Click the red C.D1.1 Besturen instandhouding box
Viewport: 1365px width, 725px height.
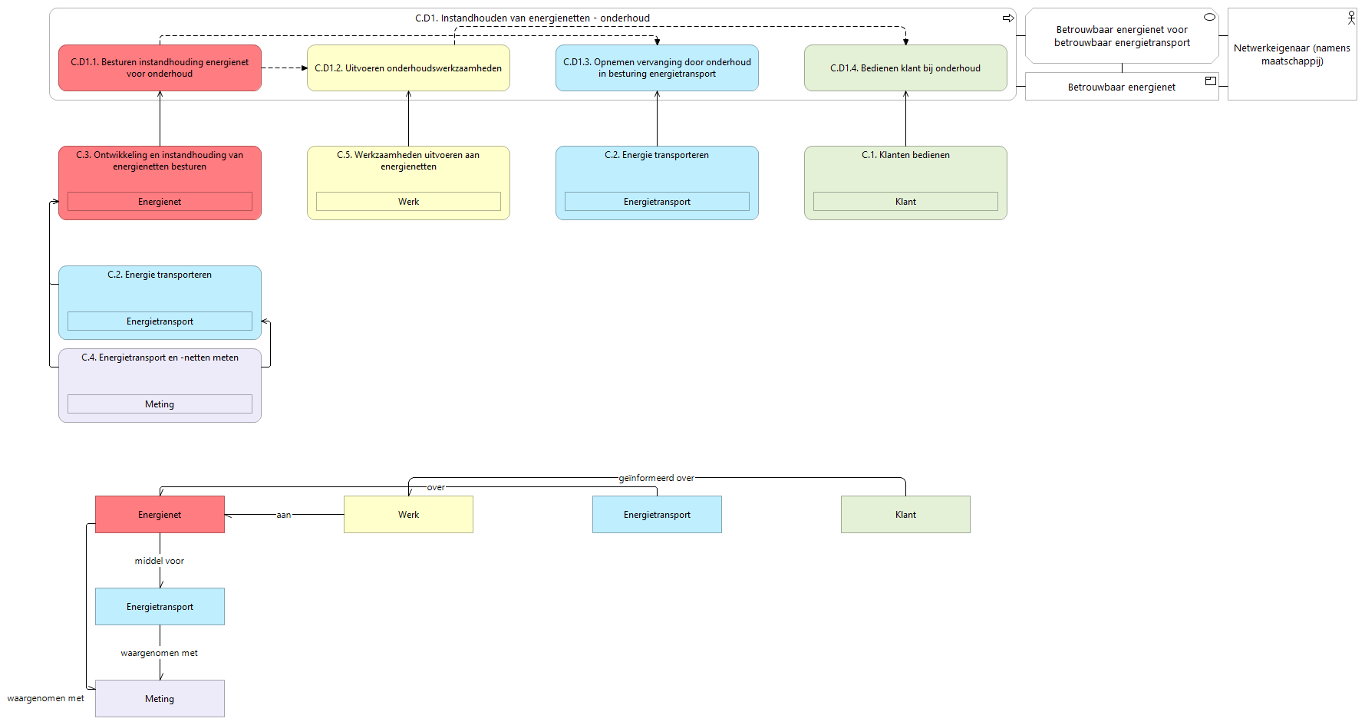(160, 68)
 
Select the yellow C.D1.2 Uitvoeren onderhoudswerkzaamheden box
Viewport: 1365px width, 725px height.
(408, 68)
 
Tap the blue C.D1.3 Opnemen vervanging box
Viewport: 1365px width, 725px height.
(657, 68)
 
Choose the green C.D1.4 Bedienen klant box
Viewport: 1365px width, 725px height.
(905, 68)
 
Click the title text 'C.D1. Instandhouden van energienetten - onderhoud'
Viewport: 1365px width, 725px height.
(532, 18)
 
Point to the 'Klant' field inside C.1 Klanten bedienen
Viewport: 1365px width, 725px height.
(905, 202)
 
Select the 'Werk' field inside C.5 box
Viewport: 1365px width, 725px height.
(408, 202)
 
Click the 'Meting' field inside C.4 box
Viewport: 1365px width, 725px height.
(160, 404)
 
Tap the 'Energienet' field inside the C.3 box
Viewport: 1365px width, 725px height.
(160, 202)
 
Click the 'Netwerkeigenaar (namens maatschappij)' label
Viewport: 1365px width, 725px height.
(1292, 54)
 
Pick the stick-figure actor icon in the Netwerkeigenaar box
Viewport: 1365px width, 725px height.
(1351, 18)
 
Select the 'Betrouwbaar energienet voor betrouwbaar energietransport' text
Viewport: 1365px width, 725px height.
(1122, 36)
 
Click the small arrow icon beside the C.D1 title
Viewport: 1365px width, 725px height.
(1008, 18)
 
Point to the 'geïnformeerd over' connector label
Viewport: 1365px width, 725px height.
(657, 478)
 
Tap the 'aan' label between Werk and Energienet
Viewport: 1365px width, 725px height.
(284, 515)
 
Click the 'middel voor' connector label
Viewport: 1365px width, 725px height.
(160, 561)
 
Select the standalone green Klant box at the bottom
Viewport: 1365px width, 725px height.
(905, 515)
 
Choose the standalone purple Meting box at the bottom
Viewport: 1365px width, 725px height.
(160, 699)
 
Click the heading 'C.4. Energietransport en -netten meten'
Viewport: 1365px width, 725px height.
(160, 358)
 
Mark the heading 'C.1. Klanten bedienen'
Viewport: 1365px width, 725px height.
(905, 155)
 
